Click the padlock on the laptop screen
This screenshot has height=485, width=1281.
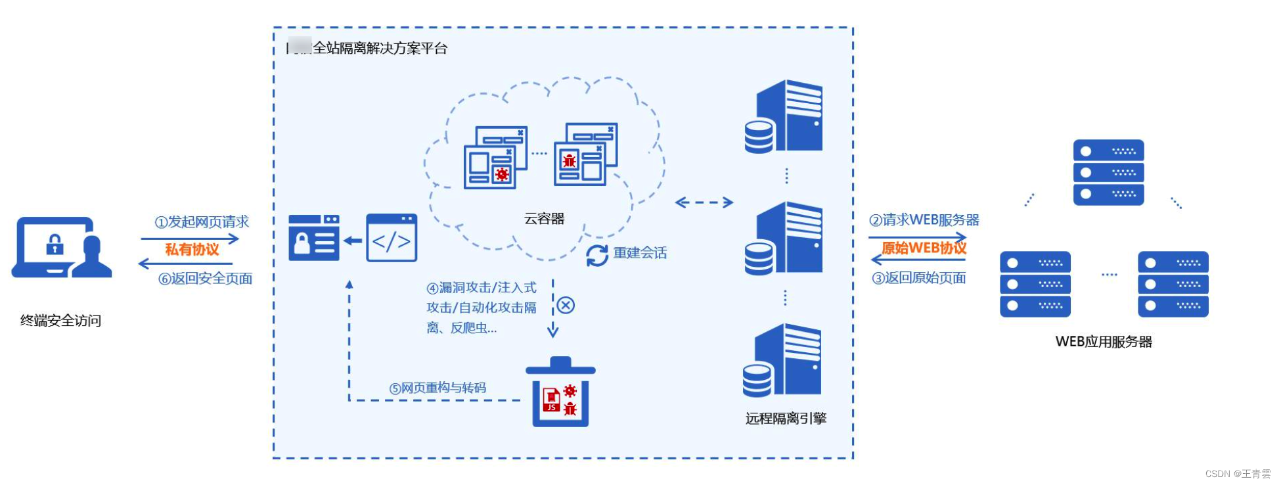click(x=55, y=244)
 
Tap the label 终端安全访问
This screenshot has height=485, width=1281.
click(x=60, y=321)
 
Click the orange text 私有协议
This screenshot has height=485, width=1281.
click(x=192, y=250)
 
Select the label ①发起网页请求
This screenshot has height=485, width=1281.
click(x=202, y=222)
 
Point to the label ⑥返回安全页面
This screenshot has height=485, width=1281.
click(x=205, y=279)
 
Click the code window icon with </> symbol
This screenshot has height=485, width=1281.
click(x=392, y=238)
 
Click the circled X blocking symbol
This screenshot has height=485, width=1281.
click(x=566, y=306)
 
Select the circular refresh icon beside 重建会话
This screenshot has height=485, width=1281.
click(x=597, y=255)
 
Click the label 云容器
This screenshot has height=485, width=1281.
click(x=544, y=219)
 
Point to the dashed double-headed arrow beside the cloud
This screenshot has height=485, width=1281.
click(x=704, y=202)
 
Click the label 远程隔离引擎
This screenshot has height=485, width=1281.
click(x=786, y=419)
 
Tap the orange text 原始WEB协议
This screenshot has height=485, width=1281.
click(x=924, y=248)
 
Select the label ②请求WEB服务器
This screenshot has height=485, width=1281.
click(x=924, y=220)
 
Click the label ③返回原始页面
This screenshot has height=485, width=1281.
click(x=919, y=278)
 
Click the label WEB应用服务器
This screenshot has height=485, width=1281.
click(x=1104, y=342)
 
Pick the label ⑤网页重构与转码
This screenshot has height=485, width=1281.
click(x=438, y=388)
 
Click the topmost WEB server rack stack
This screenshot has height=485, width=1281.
click(x=1108, y=172)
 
